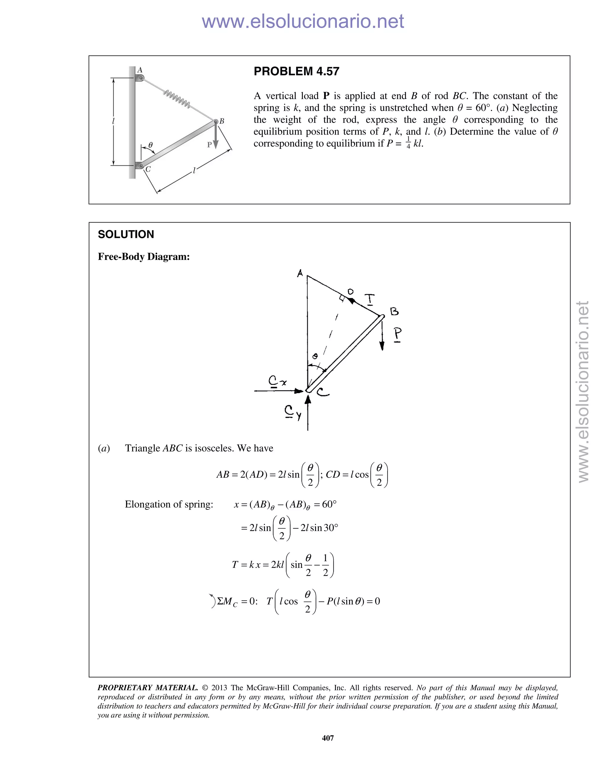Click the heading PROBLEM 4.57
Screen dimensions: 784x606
point(296,71)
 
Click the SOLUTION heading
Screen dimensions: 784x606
point(126,234)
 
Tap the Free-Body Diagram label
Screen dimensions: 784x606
point(144,257)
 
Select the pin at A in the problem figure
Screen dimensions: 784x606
point(141,78)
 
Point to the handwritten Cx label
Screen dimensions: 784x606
point(278,381)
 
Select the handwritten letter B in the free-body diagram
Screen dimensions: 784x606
point(394,311)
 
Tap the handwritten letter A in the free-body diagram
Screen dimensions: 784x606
point(300,274)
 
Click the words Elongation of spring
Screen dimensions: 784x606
point(169,504)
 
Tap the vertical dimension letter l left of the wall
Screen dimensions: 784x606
point(113,121)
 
